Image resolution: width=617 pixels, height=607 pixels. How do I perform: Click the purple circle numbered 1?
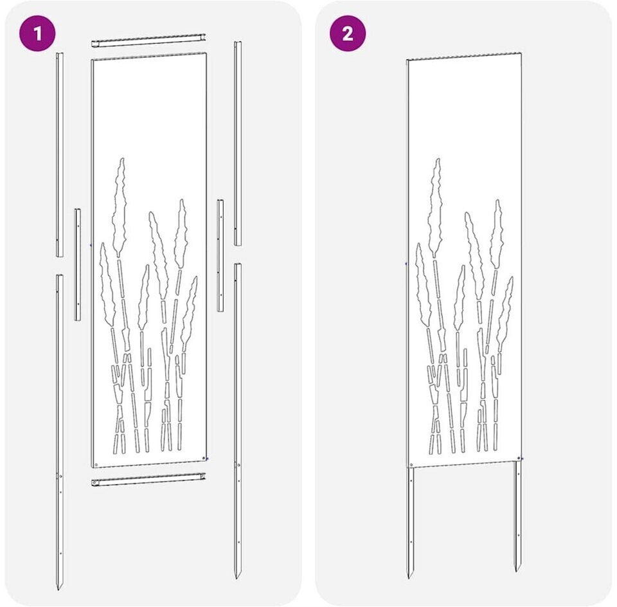coord(37,33)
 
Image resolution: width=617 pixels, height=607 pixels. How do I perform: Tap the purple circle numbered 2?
coord(348,33)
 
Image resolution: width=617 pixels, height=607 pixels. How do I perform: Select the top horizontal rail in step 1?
coord(148,41)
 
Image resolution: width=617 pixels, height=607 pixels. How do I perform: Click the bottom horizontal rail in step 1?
coord(148,479)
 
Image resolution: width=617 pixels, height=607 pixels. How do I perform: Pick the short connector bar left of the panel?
coord(78,264)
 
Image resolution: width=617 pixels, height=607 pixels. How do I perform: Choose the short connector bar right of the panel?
coord(220,255)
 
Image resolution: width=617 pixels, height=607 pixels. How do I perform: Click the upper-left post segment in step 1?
coord(59,155)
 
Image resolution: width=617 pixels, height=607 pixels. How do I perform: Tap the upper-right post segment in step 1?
coord(238,143)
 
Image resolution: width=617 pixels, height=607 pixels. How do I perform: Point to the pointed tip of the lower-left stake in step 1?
coord(59,589)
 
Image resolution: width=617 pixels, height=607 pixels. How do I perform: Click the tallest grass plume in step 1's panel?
coord(120,208)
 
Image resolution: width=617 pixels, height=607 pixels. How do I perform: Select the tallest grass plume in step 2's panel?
coord(435,208)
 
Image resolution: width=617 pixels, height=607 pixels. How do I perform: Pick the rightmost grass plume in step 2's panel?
coord(505,313)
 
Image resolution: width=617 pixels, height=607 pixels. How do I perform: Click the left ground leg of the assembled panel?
coord(411,523)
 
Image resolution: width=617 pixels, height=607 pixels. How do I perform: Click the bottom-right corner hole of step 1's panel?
coord(204,458)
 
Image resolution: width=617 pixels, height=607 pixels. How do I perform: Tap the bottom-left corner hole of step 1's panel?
coord(96,465)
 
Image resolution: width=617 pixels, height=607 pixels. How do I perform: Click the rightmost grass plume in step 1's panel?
coord(189,313)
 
